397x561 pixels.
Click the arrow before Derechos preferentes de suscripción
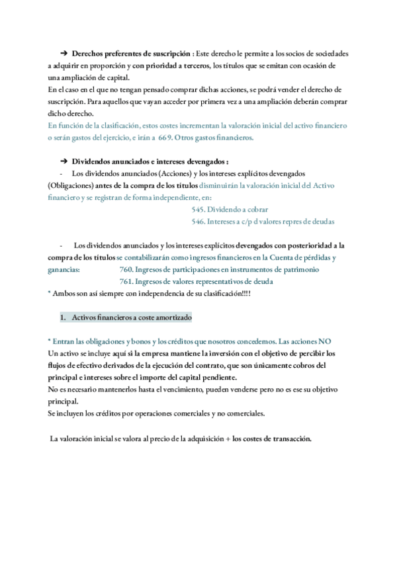point(65,52)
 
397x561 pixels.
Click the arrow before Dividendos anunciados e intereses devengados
point(65,161)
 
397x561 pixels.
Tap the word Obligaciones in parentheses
point(68,185)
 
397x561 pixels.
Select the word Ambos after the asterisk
point(65,293)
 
